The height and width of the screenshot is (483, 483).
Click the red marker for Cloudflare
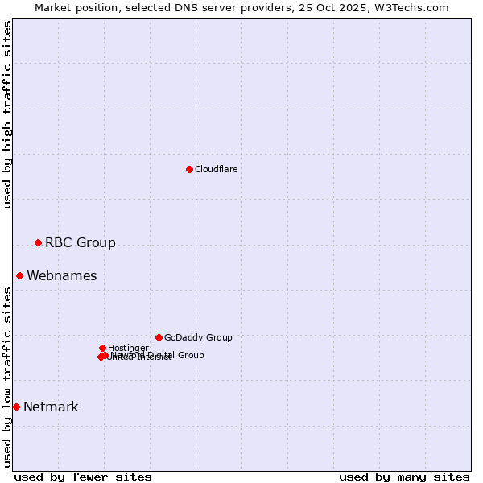[189, 169]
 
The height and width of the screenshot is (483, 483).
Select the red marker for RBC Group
[38, 242]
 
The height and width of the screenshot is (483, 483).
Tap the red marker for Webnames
[19, 275]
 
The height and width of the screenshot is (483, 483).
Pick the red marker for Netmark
[16, 407]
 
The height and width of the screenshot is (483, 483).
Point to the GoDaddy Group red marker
[159, 337]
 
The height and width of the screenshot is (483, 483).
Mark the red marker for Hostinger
[102, 348]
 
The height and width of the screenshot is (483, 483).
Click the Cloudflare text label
[216, 169]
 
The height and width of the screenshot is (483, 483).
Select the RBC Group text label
[80, 242]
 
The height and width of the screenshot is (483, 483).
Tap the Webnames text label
[62, 275]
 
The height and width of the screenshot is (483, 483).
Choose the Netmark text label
[51, 407]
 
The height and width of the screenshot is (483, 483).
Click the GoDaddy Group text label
[198, 337]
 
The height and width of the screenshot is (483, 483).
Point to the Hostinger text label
[128, 348]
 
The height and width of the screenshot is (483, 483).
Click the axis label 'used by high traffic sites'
[7, 114]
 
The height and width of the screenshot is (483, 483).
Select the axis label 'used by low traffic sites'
[7, 377]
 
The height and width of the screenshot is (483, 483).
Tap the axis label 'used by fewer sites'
[83, 477]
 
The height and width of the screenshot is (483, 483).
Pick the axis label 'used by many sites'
[404, 477]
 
